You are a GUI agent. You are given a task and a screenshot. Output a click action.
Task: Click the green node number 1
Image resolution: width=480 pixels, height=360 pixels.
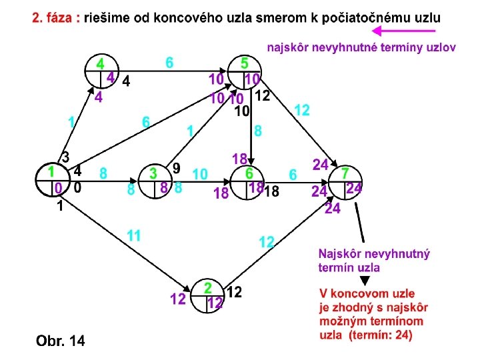pyautogui.click(x=50, y=171)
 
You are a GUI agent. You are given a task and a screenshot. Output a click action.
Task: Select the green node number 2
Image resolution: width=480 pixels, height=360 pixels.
pyautogui.click(x=208, y=288)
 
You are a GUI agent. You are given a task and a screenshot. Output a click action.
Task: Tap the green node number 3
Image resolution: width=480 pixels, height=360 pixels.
pyautogui.click(x=153, y=173)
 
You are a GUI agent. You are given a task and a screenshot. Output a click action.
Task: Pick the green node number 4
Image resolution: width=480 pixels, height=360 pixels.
pyautogui.click(x=100, y=64)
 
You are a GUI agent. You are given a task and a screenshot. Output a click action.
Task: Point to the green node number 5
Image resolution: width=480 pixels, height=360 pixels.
pyautogui.click(x=245, y=64)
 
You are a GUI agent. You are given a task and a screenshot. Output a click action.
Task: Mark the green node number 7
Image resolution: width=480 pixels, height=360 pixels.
pyautogui.click(x=345, y=173)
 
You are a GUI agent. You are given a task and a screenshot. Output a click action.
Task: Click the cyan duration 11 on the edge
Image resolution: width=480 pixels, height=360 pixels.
pyautogui.click(x=134, y=235)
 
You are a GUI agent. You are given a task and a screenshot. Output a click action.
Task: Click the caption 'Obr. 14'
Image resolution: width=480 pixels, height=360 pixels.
pyautogui.click(x=60, y=341)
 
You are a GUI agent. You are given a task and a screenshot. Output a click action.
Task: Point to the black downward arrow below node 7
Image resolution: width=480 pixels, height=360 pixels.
pyautogui.click(x=360, y=223)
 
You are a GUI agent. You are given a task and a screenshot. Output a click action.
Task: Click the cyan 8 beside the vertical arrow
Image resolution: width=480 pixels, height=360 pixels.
pyautogui.click(x=257, y=131)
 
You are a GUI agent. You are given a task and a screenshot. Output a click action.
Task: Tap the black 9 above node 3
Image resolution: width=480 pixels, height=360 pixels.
pyautogui.click(x=176, y=166)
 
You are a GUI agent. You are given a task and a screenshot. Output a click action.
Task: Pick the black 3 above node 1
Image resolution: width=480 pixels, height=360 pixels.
pyautogui.click(x=65, y=157)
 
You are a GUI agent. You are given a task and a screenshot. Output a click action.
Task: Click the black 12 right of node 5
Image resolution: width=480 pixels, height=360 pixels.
pyautogui.click(x=262, y=96)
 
